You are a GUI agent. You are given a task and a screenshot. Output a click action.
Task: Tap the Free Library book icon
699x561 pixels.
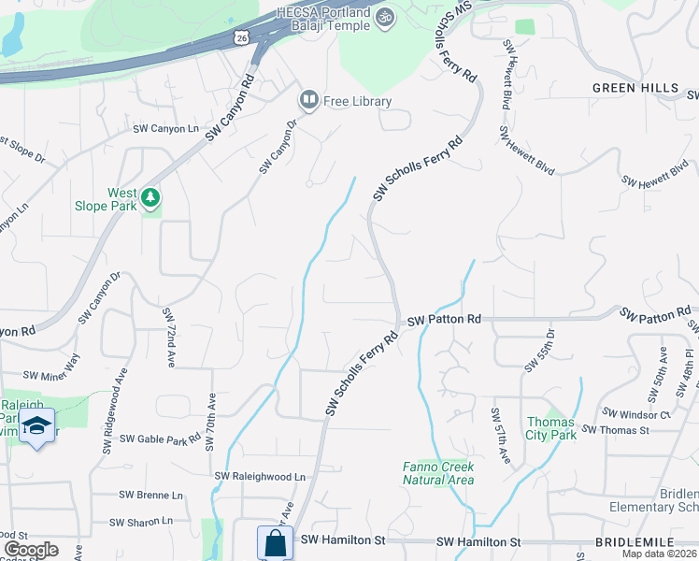(308, 99)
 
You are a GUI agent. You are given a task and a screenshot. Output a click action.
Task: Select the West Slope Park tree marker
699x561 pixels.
(150, 198)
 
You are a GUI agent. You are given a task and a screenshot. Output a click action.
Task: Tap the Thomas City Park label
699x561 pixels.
(551, 428)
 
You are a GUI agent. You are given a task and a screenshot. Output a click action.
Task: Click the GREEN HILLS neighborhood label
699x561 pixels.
(635, 88)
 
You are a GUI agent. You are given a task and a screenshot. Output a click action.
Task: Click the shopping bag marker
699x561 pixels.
(275, 542)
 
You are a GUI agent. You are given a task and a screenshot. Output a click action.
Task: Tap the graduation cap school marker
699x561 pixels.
(36, 425)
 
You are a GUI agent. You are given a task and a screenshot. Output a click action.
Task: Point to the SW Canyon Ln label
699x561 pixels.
(166, 129)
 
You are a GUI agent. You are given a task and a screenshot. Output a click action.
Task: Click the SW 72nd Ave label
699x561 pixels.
(168, 337)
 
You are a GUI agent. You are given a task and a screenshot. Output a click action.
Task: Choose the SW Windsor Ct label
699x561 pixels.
(637, 413)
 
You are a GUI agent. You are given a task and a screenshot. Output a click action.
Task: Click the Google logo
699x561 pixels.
(31, 550)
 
